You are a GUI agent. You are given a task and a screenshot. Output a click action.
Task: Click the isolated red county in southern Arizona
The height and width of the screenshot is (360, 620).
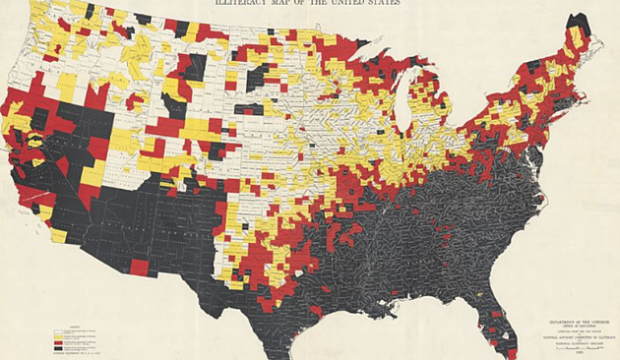click(140, 267)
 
